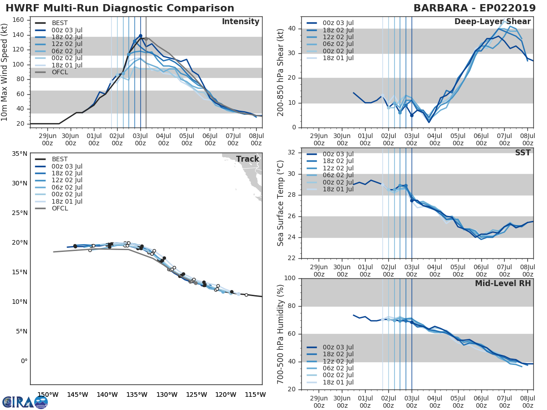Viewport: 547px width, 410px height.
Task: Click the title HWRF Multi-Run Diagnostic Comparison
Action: click(120, 8)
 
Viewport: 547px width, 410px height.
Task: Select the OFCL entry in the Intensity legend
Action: click(60, 72)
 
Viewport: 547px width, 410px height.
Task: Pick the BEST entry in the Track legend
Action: click(60, 159)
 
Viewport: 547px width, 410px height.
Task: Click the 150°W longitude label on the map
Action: click(47, 395)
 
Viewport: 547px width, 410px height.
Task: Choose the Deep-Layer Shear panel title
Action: click(492, 22)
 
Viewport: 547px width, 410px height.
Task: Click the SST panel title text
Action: click(522, 153)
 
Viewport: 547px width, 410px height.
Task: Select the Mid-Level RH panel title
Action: click(503, 283)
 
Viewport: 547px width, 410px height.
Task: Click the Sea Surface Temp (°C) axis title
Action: click(281, 203)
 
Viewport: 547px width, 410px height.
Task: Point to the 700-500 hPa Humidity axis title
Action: click(281, 333)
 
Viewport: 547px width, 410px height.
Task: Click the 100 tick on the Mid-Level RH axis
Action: click(290, 278)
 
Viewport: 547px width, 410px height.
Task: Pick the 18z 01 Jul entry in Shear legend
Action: click(337, 58)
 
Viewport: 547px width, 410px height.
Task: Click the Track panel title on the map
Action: click(247, 159)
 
